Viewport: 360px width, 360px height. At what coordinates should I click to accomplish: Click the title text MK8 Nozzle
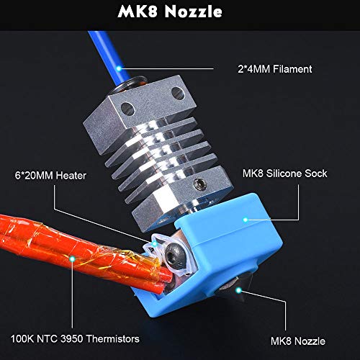click(x=170, y=12)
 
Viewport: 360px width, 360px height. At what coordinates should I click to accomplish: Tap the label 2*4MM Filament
click(x=275, y=69)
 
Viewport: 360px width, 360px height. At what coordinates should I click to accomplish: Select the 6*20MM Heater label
click(x=50, y=176)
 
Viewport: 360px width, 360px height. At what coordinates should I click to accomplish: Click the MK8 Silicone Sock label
click(x=284, y=174)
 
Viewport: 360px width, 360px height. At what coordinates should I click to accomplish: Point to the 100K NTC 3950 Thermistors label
click(x=75, y=339)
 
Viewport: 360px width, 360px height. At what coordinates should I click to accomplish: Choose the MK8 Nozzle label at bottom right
click(x=298, y=341)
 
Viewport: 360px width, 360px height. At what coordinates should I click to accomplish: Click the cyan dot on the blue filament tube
click(x=119, y=68)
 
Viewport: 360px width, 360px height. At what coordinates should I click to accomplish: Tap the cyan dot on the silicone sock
click(x=246, y=220)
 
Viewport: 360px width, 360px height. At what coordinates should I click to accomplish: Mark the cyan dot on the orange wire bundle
click(x=72, y=258)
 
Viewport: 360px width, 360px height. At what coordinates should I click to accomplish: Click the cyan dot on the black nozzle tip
click(x=238, y=290)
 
